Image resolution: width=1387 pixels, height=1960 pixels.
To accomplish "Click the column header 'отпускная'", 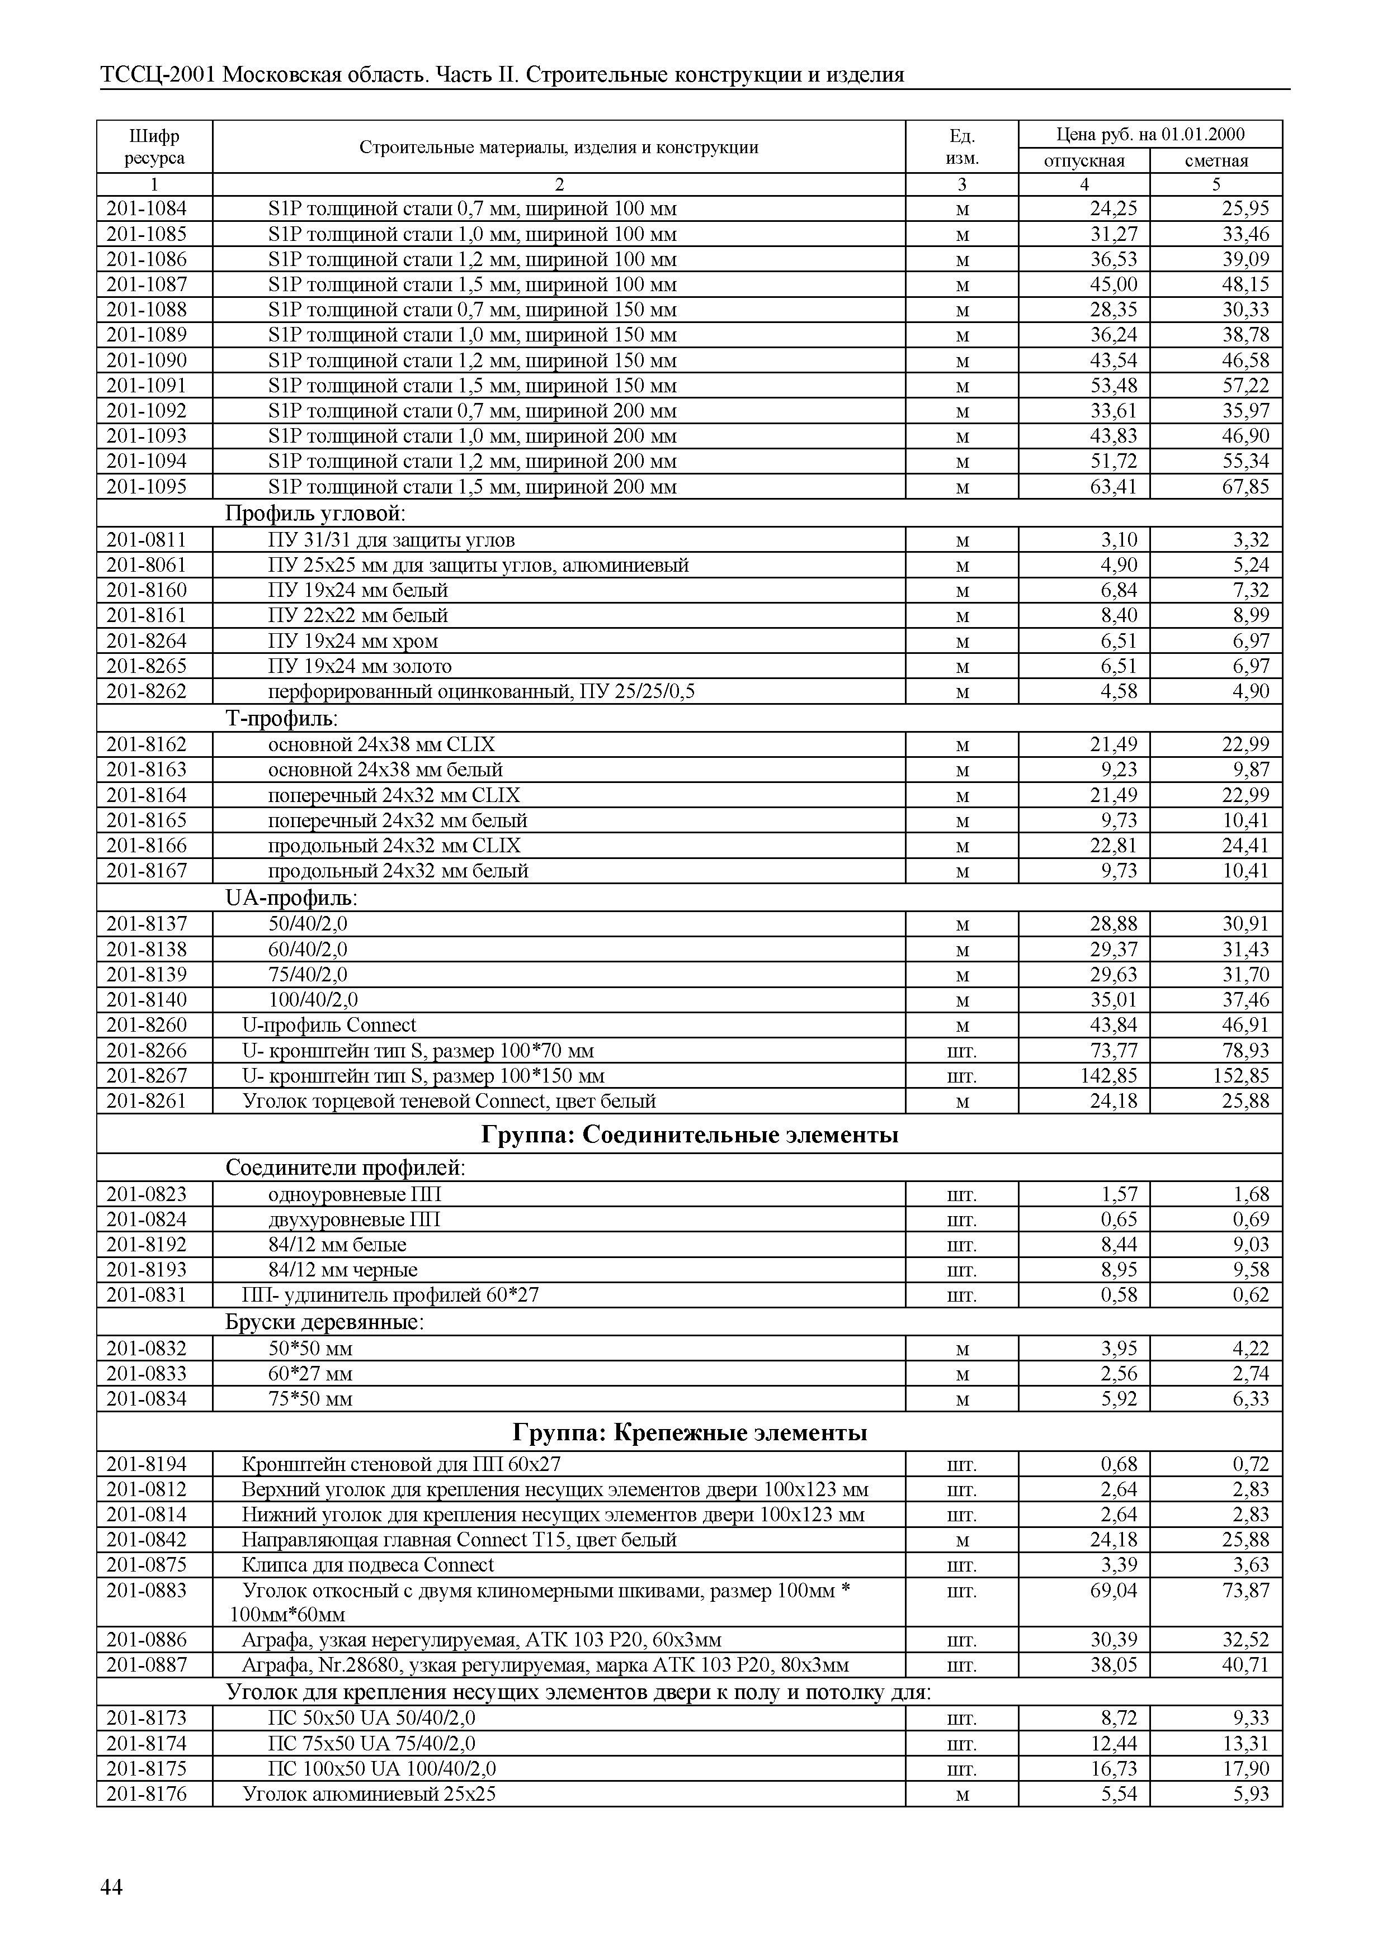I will click(x=1084, y=160).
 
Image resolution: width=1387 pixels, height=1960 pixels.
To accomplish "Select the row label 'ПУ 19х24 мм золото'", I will click(x=360, y=666).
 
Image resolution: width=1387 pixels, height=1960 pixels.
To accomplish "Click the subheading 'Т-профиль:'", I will click(x=282, y=718).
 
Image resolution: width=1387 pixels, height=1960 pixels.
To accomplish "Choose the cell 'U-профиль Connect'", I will click(x=329, y=1024).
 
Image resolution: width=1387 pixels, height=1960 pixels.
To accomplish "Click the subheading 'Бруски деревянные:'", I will click(x=324, y=1321).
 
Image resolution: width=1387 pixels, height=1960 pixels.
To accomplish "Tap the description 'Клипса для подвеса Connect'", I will click(x=368, y=1565).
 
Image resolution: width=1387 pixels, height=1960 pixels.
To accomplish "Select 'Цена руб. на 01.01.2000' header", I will click(x=1149, y=134).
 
